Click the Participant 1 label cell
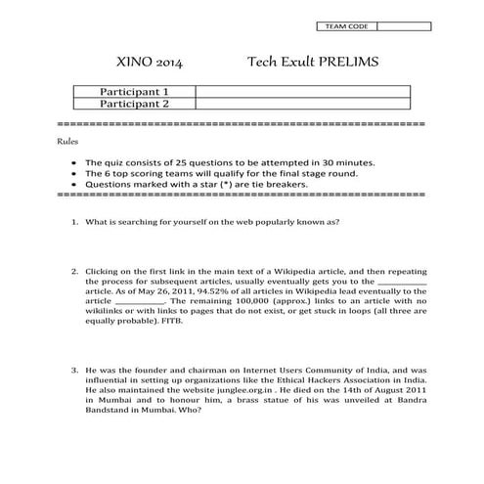click(x=135, y=91)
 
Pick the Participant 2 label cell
click(x=135, y=104)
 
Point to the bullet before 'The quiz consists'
click(x=75, y=163)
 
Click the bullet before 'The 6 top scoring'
click(x=75, y=174)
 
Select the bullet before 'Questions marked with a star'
click(x=75, y=184)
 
